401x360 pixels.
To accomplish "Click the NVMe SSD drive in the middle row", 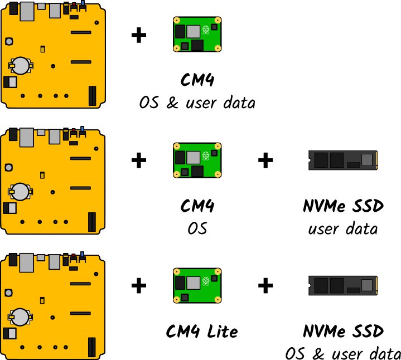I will (x=344, y=161).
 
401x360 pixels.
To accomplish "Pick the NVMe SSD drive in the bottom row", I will (x=344, y=286).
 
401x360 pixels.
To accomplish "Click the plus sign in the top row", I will (x=138, y=36).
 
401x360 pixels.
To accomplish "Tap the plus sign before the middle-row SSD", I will (x=265, y=161).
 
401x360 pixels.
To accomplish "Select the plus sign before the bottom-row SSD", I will (x=265, y=286).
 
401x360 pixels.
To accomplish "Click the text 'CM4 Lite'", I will (x=202, y=332).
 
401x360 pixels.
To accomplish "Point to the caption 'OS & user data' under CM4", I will (x=197, y=103).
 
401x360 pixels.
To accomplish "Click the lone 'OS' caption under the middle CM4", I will (x=197, y=228).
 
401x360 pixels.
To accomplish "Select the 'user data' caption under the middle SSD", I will (x=343, y=228).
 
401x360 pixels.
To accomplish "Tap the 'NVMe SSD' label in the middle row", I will (x=343, y=207).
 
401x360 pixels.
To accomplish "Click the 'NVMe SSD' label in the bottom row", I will (x=343, y=332).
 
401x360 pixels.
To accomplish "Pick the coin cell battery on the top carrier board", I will (x=21, y=65).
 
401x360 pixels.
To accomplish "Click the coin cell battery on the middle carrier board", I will (x=21, y=192).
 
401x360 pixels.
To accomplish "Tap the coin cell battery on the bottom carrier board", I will (x=21, y=317).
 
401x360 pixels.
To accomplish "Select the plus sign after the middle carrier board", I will (x=138, y=161).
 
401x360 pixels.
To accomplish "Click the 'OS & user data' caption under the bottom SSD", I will (x=343, y=354).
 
